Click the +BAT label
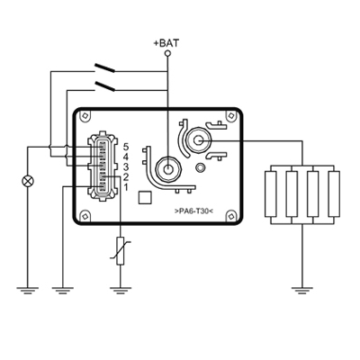tap(166, 43)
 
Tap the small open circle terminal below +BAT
tap(167, 53)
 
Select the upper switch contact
tap(104, 67)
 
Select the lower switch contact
tap(104, 85)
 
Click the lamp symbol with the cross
tap(28, 181)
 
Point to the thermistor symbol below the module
tap(121, 251)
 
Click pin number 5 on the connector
tap(126, 147)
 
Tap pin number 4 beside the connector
tap(126, 157)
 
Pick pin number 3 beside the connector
tap(126, 166)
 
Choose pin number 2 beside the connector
tap(126, 177)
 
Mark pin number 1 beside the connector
tap(126, 187)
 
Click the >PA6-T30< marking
tap(193, 211)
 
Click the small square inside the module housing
tap(146, 198)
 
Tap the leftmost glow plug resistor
tap(270, 193)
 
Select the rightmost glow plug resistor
tap(334, 193)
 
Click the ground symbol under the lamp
tap(28, 291)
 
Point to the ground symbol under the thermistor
tap(121, 291)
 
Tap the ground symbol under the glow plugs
tap(302, 291)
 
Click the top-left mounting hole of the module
tap(85, 116)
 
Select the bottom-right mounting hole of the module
tap(231, 216)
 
